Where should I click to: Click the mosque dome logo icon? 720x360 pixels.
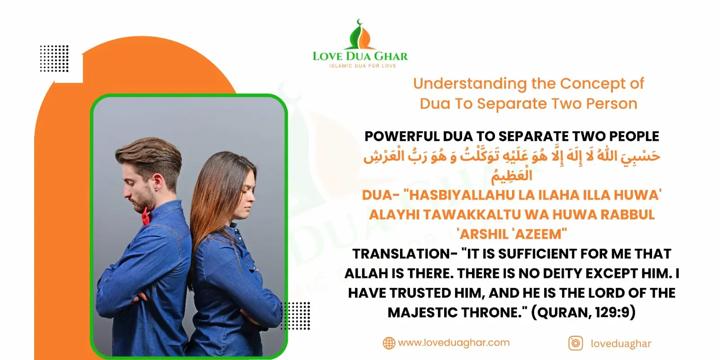360,34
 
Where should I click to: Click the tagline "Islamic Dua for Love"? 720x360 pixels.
363,66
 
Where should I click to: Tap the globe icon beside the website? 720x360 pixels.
389,343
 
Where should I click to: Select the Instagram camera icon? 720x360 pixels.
576,343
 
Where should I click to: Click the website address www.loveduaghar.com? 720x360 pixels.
454,342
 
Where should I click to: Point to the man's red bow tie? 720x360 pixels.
146,216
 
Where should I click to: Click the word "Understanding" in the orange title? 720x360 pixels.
470,84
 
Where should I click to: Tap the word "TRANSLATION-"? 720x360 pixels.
405,254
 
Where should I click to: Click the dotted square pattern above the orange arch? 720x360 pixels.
54,58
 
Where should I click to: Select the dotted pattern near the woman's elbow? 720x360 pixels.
295,315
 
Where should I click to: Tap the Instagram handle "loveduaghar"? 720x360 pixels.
621,344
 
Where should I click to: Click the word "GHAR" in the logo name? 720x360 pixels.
391,56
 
